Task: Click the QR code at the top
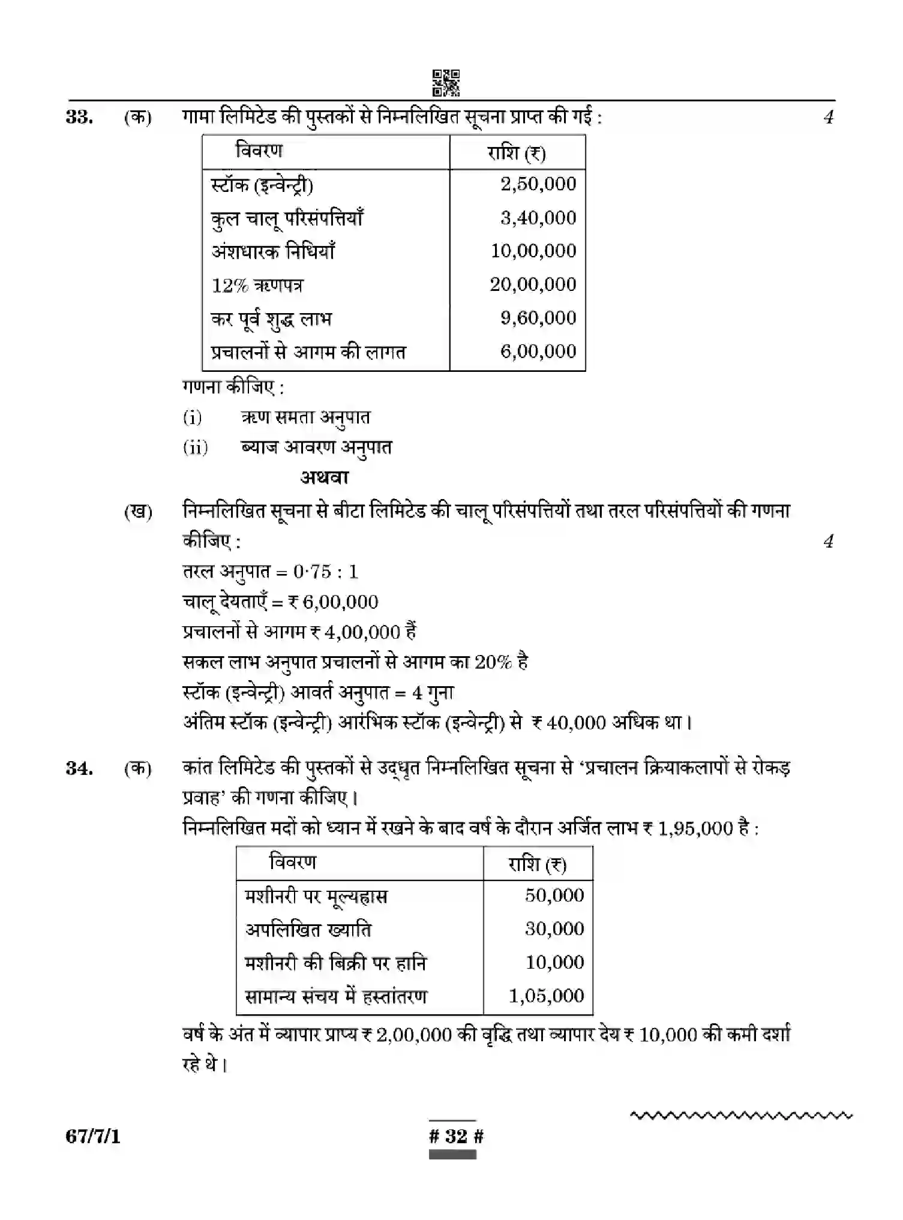pos(446,83)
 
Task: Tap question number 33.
pos(79,117)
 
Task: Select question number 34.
pos(79,768)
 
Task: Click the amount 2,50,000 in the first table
pos(538,184)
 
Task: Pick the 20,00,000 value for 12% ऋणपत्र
pos(532,284)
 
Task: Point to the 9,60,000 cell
pos(538,318)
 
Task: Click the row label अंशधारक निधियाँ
pos(273,251)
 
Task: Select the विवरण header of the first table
pos(259,151)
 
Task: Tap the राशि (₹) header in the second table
pos(537,864)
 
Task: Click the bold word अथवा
pos(325,478)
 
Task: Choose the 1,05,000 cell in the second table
pos(546,996)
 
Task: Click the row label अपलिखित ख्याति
pos(308,930)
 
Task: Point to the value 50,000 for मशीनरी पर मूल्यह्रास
pos(554,896)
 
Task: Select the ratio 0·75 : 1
pos(325,572)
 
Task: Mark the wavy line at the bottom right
pos(742,1116)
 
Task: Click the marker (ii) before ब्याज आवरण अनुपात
pos(196,447)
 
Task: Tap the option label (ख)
pos(138,512)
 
